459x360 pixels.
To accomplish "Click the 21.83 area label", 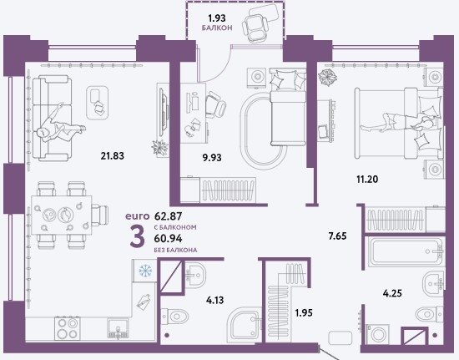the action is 113,155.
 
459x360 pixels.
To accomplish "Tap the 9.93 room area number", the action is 212,158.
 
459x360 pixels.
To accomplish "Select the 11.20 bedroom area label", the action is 367,179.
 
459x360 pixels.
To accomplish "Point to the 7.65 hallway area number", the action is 337,236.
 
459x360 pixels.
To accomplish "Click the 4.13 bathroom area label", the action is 214,300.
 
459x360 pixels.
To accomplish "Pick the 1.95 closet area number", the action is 304,313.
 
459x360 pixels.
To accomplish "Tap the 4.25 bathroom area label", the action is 392,293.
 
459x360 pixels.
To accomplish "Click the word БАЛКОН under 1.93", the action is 217,28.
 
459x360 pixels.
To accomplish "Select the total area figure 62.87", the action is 168,216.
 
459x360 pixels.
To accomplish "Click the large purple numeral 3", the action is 138,237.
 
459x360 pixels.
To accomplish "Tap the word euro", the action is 138,216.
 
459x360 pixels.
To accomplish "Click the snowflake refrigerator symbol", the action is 144,271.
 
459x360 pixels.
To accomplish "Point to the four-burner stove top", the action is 68,328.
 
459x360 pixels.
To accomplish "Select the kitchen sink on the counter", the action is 118,328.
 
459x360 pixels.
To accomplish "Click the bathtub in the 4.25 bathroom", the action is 405,251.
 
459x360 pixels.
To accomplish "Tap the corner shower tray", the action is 245,324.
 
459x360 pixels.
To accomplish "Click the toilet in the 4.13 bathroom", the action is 174,317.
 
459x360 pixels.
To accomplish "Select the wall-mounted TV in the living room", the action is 164,112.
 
